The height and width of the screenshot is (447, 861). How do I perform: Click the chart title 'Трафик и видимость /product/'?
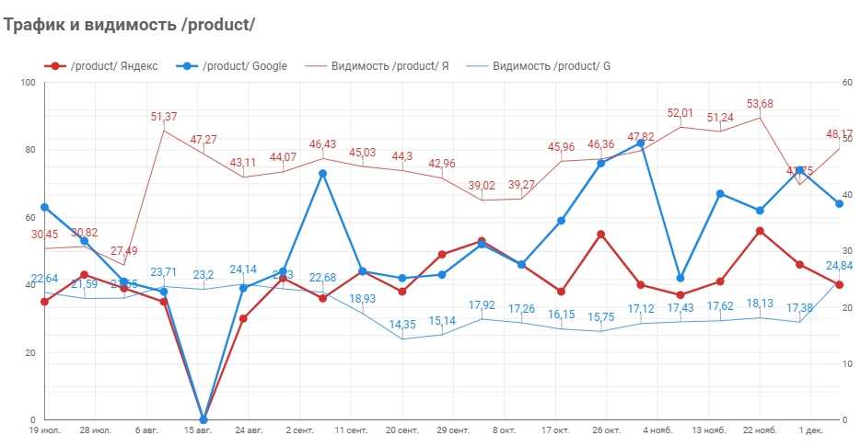[129, 25]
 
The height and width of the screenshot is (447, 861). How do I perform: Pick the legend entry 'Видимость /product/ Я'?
[390, 65]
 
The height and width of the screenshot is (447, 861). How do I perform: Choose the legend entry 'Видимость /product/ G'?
[551, 65]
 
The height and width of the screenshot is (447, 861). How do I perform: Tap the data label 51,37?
[164, 117]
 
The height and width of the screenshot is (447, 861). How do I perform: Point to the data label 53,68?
[759, 104]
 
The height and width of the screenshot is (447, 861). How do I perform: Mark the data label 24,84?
[839, 266]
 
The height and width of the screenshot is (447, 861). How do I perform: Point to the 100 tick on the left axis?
[28, 83]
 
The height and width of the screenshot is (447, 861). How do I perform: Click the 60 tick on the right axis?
[847, 83]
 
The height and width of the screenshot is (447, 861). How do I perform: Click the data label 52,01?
[681, 113]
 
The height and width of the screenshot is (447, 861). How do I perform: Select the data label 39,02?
[481, 185]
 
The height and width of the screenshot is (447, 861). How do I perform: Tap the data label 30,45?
[44, 235]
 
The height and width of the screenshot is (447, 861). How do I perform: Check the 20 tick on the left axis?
[30, 352]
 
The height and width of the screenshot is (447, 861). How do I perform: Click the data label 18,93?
[363, 299]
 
